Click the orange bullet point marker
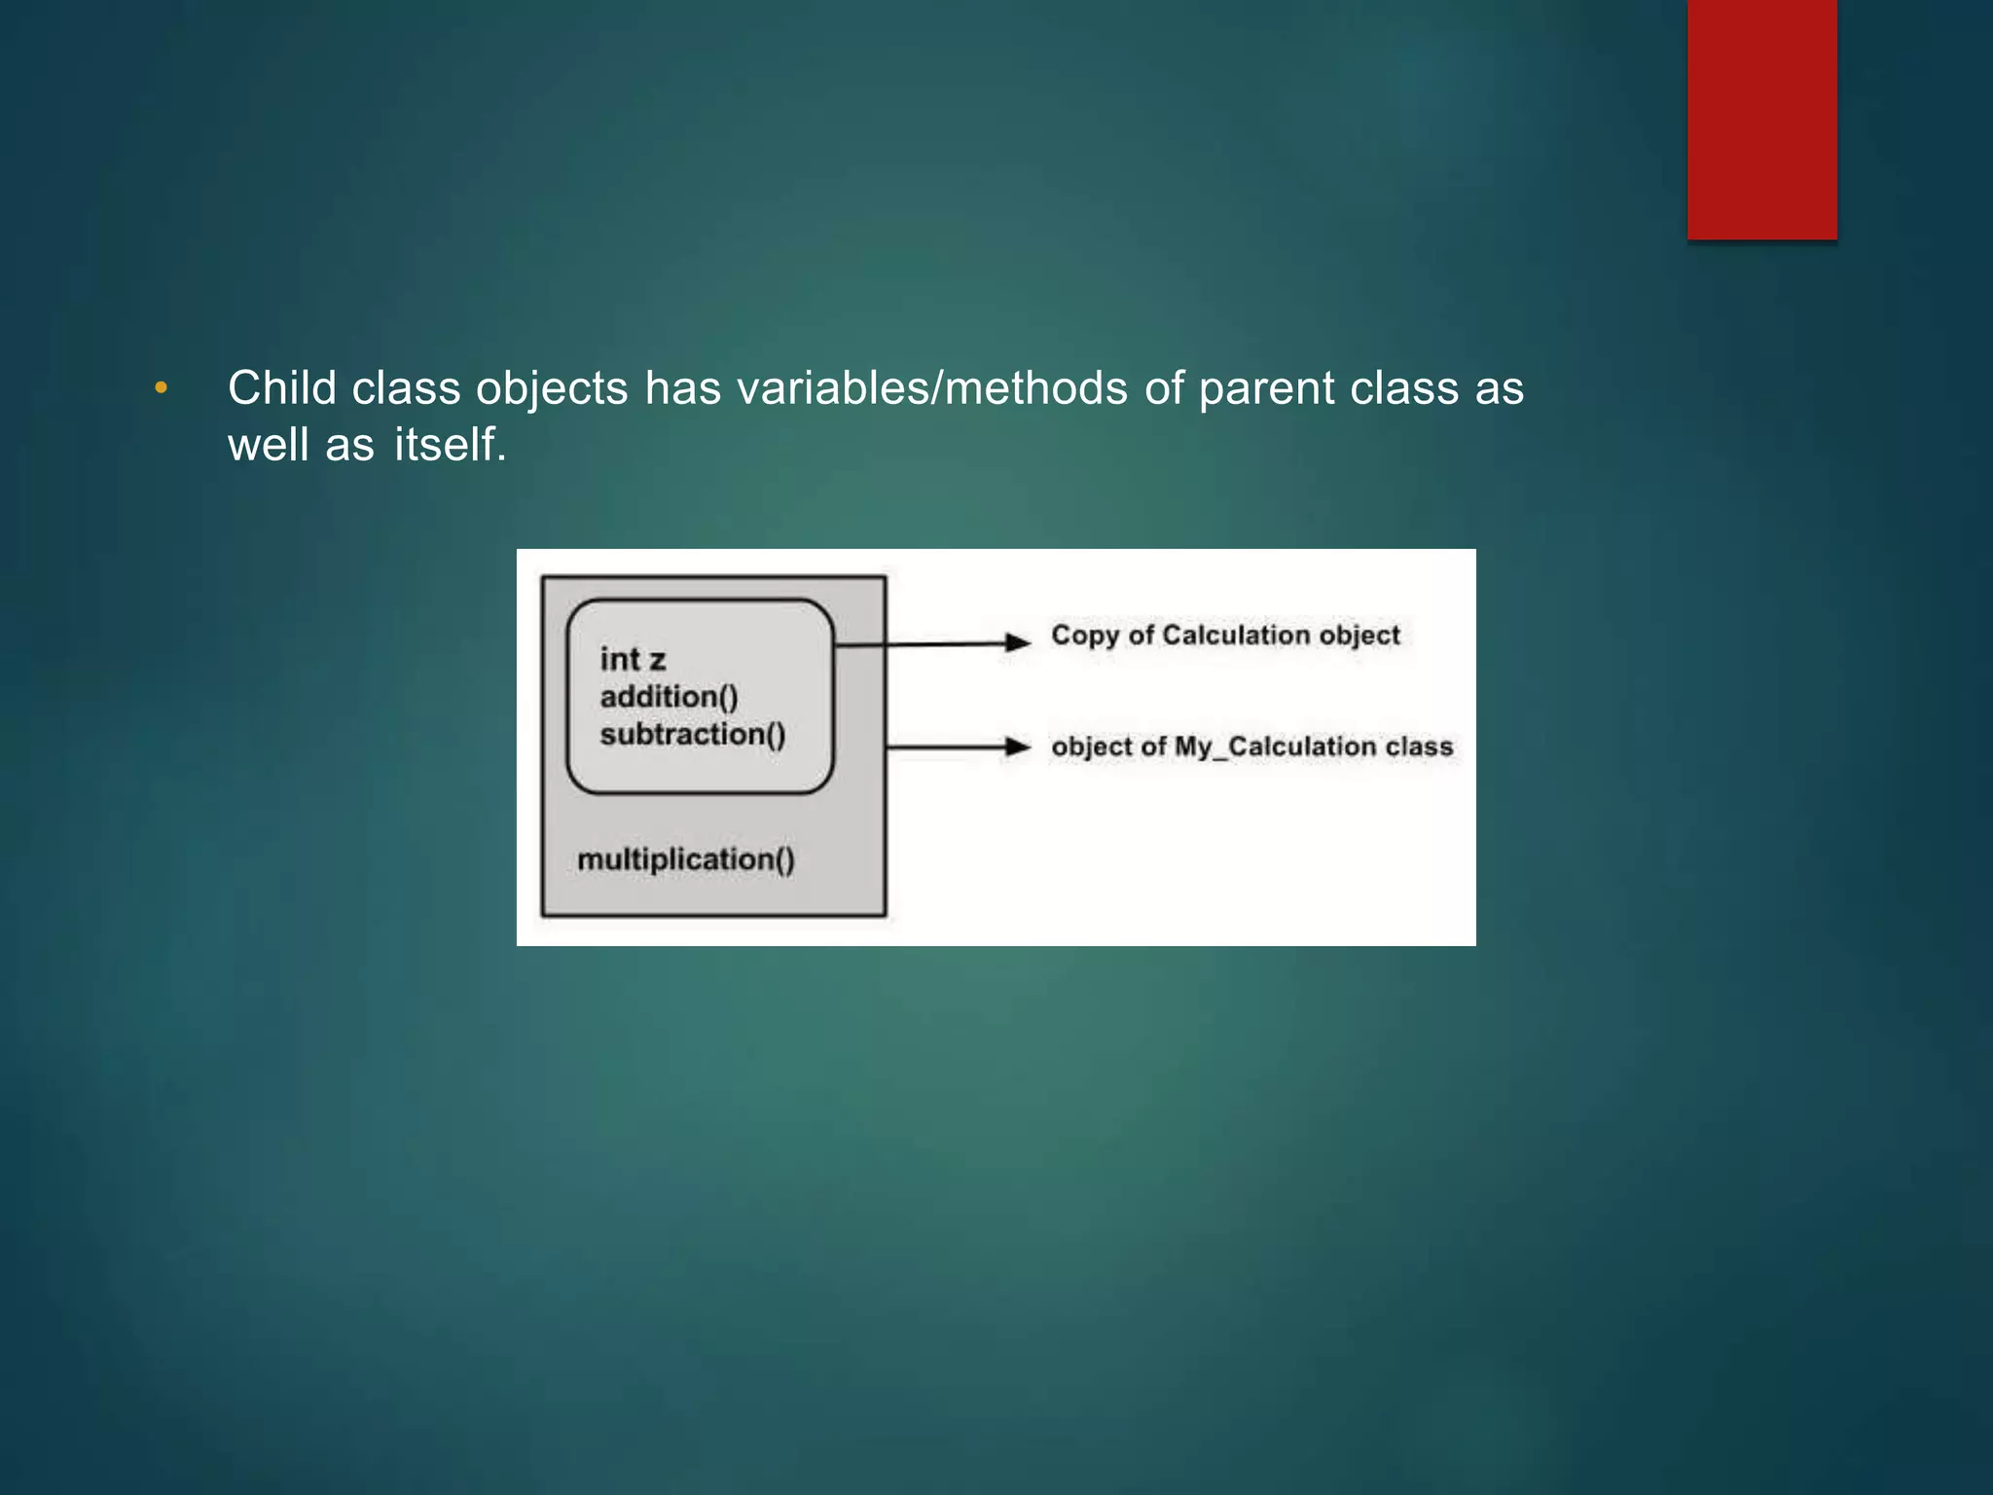(162, 388)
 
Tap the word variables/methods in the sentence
(932, 388)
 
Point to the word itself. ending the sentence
(451, 445)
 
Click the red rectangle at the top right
(1761, 119)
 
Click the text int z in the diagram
(633, 660)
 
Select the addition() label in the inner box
(670, 697)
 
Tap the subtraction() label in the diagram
(693, 734)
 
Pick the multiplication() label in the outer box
(686, 859)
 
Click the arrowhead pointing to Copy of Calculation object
(1017, 642)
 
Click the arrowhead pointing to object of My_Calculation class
(1017, 747)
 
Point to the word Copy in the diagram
(1085, 636)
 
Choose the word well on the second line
(268, 445)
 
